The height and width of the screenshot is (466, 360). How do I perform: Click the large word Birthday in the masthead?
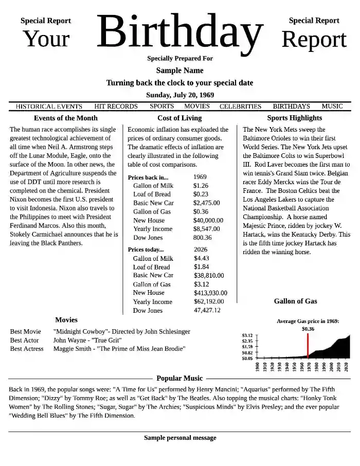[x=179, y=32]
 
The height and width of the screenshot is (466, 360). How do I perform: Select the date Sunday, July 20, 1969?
[x=180, y=95]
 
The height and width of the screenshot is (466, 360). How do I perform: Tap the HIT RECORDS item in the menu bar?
[x=116, y=106]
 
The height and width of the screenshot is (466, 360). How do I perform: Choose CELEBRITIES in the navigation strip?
[x=240, y=106]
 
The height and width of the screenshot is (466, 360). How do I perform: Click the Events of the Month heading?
[x=65, y=118]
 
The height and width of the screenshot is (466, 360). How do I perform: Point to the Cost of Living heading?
[x=179, y=118]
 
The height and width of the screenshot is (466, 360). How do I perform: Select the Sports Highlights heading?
[x=294, y=118]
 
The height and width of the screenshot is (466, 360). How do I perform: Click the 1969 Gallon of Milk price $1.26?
[x=201, y=186]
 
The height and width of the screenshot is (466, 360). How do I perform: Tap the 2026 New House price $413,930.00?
[x=210, y=293]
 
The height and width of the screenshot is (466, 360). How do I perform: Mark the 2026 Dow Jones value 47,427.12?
[x=207, y=311]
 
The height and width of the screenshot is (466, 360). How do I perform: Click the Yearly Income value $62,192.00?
[x=209, y=302]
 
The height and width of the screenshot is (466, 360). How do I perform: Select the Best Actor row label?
[x=24, y=340]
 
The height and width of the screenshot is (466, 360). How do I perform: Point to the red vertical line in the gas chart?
[x=308, y=346]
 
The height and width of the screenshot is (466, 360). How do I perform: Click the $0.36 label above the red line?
[x=308, y=329]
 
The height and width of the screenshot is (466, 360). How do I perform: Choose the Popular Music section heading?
[x=179, y=379]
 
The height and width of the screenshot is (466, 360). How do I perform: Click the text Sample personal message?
[x=180, y=438]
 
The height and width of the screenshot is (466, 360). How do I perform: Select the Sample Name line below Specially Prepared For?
[x=179, y=70]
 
